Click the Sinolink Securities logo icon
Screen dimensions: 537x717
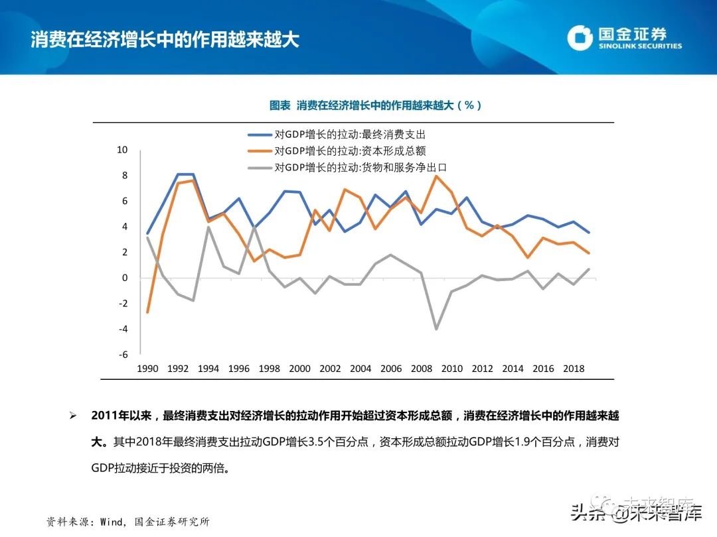pos(580,38)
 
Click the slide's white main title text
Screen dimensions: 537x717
pos(165,39)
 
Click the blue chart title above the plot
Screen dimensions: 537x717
pos(375,105)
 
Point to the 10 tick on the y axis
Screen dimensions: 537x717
pos(122,150)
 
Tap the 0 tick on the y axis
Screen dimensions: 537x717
pos(124,278)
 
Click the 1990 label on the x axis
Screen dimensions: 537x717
pos(147,369)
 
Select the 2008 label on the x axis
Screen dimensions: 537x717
pos(422,369)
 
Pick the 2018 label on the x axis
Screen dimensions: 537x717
pos(574,369)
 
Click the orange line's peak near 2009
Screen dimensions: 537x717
pos(436,176)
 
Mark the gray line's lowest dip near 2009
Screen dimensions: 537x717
pos(436,329)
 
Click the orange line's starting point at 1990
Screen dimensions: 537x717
pos(147,312)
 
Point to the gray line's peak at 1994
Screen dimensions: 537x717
pos(208,227)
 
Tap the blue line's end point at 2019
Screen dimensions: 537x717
pos(589,233)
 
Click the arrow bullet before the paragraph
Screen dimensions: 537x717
pos(74,416)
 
